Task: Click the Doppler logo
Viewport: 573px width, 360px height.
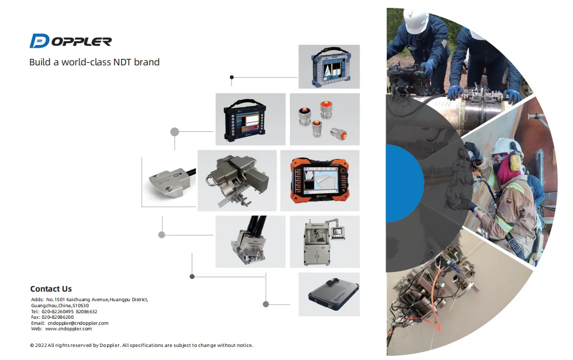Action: [70, 41]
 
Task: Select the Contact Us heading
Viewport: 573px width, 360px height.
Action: [51, 289]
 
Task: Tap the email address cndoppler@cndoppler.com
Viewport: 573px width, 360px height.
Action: [77, 323]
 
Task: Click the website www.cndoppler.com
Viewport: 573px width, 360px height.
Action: [68, 329]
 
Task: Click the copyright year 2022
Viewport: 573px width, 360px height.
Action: [41, 345]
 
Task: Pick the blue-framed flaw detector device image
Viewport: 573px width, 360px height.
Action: [329, 67]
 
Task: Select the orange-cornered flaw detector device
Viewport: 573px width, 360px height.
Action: [319, 180]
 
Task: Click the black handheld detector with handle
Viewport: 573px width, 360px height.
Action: [250, 120]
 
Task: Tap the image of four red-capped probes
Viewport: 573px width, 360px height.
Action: [324, 119]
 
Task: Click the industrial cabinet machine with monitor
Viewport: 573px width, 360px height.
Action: [324, 241]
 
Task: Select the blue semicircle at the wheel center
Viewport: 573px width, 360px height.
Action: [402, 183]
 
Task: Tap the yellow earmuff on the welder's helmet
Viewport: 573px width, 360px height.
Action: [514, 162]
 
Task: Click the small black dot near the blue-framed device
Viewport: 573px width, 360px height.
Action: [231, 77]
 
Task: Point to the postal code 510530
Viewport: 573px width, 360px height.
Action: [80, 306]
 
